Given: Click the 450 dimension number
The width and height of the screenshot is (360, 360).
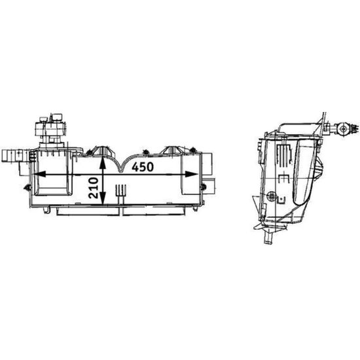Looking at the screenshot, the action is tap(143, 167).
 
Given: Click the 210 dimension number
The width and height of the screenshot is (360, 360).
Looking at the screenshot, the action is tap(94, 188).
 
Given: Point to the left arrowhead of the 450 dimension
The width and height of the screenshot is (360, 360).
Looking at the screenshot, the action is tap(39, 174).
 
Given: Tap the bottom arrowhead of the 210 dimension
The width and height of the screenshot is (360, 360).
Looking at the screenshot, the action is tap(103, 198).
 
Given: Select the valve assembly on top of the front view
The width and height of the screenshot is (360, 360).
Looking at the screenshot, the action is tap(50, 130).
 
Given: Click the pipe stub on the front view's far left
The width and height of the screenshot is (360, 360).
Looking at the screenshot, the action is tap(12, 156).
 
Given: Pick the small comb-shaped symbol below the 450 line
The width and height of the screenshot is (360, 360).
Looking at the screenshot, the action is tap(121, 190).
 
